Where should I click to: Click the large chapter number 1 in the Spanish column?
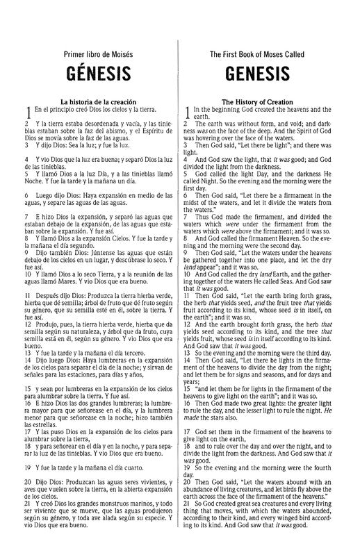tap(27, 111)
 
